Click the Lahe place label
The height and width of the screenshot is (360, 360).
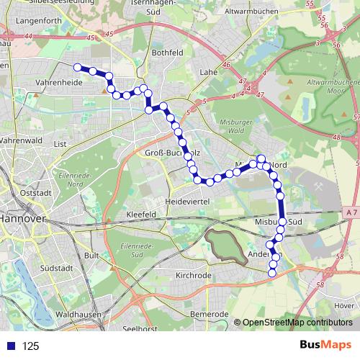click(x=209, y=72)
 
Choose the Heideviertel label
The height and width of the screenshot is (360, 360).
click(x=186, y=202)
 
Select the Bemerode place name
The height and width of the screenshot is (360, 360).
click(x=209, y=315)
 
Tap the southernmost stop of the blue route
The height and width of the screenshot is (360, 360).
click(x=272, y=272)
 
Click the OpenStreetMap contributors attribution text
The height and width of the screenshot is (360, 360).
click(x=297, y=323)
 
